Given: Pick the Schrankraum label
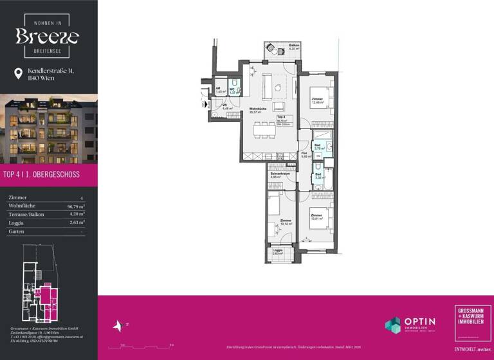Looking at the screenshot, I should click(x=277, y=175).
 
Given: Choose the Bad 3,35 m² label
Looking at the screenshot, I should click(x=318, y=175).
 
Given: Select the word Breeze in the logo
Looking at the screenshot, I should click(x=48, y=36).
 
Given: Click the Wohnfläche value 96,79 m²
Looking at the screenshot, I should click(x=76, y=206).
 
